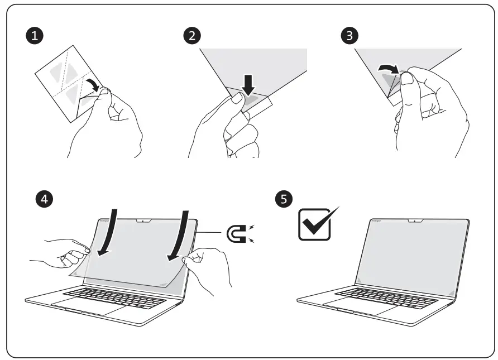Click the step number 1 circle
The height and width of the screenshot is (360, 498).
pyautogui.click(x=36, y=36)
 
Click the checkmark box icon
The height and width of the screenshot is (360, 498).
pyautogui.click(x=317, y=223)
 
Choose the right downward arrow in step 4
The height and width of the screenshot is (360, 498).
pyautogui.click(x=179, y=234)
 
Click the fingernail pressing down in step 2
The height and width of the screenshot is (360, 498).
pyautogui.click(x=237, y=100)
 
